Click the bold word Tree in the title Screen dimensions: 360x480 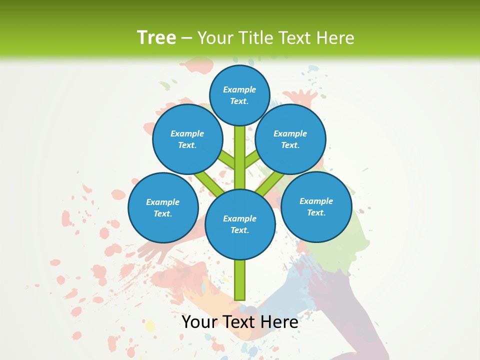pos(156,37)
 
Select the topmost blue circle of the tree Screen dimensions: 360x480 pos(239,95)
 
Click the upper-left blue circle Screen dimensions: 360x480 pos(187,139)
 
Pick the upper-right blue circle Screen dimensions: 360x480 pos(290,139)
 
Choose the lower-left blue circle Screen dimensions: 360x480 pos(163,207)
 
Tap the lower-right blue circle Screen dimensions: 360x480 pos(316,206)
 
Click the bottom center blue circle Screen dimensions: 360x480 pos(240,224)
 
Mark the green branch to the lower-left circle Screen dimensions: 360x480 pos(209,184)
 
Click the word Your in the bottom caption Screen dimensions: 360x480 pos(199,322)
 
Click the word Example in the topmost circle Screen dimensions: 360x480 pos(239,90)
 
